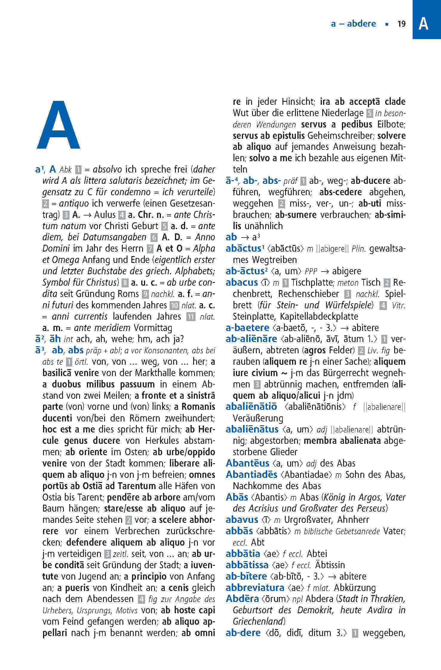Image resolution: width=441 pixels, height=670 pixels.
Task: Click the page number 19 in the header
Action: (401, 24)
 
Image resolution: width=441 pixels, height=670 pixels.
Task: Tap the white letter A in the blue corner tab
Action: (423, 24)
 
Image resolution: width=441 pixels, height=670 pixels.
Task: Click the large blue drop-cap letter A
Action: (59, 125)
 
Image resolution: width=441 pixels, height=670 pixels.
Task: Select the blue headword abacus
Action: (242, 282)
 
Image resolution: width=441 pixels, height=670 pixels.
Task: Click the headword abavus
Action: (242, 520)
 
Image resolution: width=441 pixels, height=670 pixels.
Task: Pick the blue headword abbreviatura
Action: (255, 588)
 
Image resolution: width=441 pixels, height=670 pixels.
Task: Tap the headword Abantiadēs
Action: (251, 475)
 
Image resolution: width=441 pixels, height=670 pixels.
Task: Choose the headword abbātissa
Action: (247, 565)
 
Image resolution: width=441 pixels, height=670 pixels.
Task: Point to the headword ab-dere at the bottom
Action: (243, 633)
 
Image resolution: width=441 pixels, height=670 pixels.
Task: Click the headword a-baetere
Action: (247, 328)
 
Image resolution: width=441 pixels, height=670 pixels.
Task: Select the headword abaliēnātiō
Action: (251, 407)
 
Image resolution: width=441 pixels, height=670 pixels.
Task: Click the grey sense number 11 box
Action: (191, 317)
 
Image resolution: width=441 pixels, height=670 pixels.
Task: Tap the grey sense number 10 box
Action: (174, 305)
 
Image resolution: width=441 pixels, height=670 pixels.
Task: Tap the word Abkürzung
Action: (355, 588)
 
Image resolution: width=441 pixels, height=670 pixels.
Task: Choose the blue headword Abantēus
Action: (248, 463)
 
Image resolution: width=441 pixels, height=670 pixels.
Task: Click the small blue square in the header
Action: (387, 24)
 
